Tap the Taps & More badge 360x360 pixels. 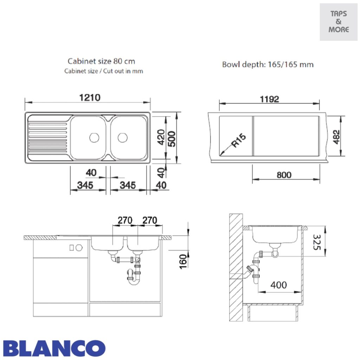(339, 22)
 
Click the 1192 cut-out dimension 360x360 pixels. (269, 99)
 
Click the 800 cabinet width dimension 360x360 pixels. (284, 175)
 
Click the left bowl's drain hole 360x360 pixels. (94, 137)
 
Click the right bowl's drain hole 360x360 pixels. (122, 137)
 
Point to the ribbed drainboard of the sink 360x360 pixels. (48, 137)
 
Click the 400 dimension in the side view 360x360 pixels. (278, 285)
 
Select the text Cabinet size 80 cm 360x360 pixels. (101, 61)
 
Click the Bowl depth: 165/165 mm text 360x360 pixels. (268, 65)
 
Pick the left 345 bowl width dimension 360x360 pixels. (85, 185)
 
